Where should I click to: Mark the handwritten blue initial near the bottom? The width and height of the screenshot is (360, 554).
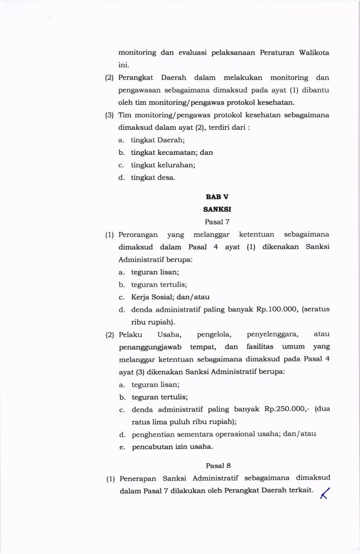coord(325,493)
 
